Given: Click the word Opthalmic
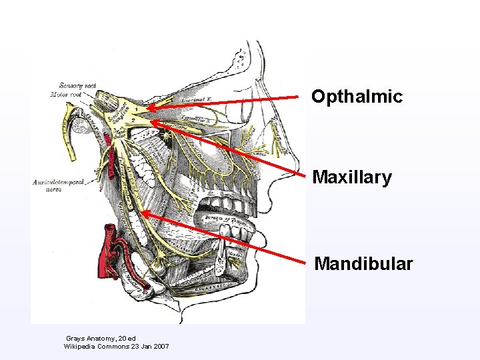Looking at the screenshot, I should pyautogui.click(x=357, y=97).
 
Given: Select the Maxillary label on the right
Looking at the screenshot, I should pyautogui.click(x=352, y=178).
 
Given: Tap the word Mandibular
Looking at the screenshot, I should pyautogui.click(x=363, y=264).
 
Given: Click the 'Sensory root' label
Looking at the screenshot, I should pyautogui.click(x=78, y=85).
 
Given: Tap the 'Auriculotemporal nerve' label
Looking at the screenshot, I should pyautogui.click(x=58, y=185).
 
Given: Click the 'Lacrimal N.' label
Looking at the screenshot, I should pyautogui.click(x=198, y=99).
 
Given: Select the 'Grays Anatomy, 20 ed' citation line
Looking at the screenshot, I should pyautogui.click(x=101, y=339).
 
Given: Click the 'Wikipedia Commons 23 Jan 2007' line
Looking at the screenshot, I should pyautogui.click(x=116, y=347).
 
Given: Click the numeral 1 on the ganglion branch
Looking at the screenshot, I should pyautogui.click(x=137, y=107).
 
